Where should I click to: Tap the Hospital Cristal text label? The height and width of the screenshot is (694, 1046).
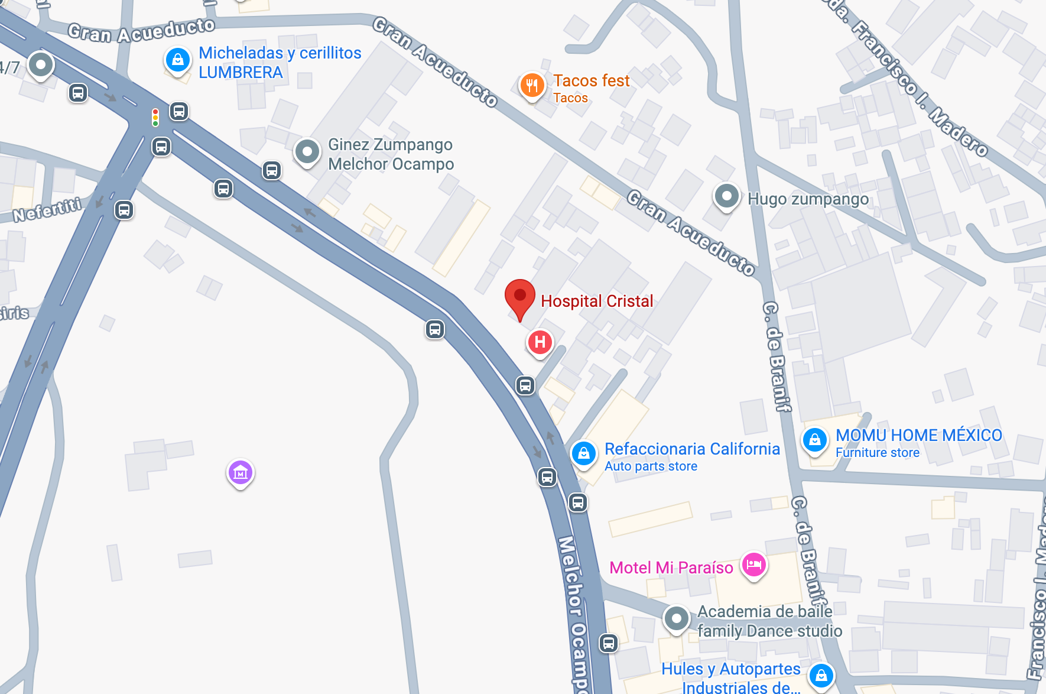(597, 301)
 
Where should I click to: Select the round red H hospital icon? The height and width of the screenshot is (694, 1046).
(540, 342)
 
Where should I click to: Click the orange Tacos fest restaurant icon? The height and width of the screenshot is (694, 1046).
(532, 85)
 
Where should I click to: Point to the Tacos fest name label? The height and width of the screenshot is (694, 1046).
(591, 80)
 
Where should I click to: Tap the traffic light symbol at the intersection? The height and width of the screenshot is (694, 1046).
(155, 117)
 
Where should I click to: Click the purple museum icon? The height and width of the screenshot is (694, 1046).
(241, 473)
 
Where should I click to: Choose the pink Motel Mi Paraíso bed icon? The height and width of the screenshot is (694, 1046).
(754, 565)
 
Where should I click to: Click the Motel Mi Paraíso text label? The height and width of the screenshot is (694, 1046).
(671, 568)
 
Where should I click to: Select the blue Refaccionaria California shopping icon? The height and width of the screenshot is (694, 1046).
(584, 454)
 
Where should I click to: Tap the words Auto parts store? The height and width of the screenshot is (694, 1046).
(651, 466)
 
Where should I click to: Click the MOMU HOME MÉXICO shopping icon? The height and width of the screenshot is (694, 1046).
(815, 440)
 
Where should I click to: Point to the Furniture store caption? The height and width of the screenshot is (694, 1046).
(877, 453)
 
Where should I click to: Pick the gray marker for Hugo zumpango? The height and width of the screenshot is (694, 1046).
(727, 196)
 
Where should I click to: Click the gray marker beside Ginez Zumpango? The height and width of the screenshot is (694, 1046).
(307, 153)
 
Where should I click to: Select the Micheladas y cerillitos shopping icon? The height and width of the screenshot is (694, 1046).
(178, 60)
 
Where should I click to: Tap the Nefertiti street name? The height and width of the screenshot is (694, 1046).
(47, 210)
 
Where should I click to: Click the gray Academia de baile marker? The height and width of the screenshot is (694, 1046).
(677, 619)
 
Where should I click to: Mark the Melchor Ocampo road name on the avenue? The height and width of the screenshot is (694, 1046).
(573, 615)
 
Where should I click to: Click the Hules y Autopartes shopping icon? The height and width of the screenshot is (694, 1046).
(821, 676)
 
